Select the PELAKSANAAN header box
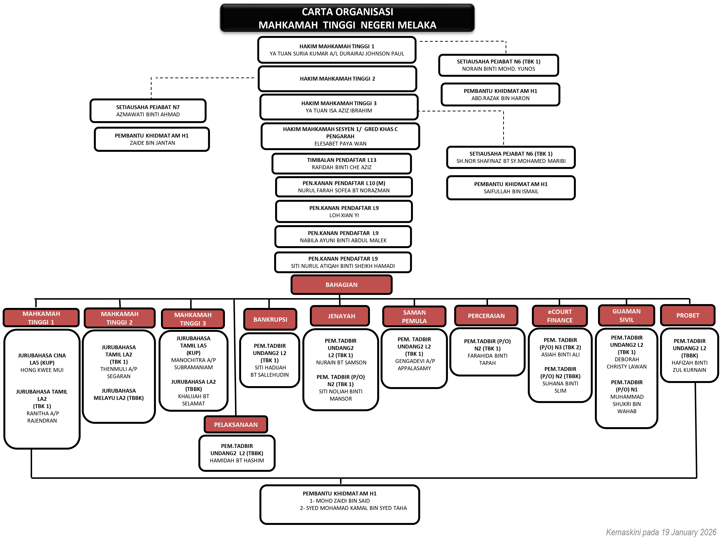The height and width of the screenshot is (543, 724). pos(236,425)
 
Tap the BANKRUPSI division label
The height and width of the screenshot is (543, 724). pos(270,320)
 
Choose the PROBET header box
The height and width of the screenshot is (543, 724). pos(687,315)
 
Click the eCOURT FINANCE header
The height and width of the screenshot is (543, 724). pos(559,316)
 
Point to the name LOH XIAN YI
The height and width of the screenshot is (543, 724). pos(344,215)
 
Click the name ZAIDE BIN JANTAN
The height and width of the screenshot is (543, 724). pos(152,143)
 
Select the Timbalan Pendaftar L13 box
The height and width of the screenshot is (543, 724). pos(341,163)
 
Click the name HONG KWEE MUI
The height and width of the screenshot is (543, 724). pos(42,370)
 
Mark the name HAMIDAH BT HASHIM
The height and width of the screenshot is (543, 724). pos(237,460)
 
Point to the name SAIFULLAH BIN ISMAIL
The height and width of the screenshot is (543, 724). pos(511,191)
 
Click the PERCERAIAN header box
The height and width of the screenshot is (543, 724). pos(486,316)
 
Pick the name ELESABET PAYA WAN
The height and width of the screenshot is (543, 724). pos(340,144)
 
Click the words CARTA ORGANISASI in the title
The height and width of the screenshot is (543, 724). pos(347,12)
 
